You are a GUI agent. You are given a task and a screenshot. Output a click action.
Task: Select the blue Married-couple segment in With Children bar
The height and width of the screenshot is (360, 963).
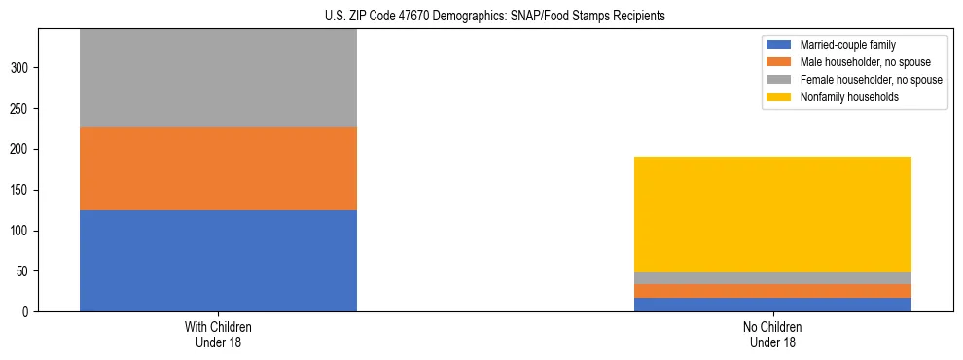coord(218,261)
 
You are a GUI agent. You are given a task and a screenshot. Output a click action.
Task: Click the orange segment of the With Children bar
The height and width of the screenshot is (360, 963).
coord(218,168)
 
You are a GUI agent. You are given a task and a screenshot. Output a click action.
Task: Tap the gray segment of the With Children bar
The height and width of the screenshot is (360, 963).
coord(218,78)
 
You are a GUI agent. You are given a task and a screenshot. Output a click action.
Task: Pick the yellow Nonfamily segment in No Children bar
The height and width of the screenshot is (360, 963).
coord(772,214)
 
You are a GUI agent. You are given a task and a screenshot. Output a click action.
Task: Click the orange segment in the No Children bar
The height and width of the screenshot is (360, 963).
coord(772,291)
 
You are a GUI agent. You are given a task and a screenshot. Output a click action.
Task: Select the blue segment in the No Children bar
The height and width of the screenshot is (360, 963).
coord(772,305)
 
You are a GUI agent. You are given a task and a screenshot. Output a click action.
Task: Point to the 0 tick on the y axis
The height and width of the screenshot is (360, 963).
coord(28,312)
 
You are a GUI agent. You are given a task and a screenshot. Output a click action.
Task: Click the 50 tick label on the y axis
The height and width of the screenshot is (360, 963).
coord(25,271)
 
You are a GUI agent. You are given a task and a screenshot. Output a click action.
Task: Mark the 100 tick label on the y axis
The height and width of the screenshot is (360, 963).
coord(22,231)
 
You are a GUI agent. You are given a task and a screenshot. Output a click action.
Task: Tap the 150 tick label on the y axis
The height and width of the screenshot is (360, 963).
coord(22,190)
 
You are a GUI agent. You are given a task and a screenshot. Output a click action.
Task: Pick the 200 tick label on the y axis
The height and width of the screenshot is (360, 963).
coord(22,149)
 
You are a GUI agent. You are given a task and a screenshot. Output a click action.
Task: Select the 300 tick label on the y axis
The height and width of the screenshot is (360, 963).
coord(22,68)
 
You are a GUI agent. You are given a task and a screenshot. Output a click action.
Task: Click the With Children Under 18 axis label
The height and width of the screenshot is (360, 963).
coord(218,335)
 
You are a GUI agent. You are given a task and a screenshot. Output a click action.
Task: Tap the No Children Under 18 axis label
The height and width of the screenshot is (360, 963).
coord(772,335)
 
